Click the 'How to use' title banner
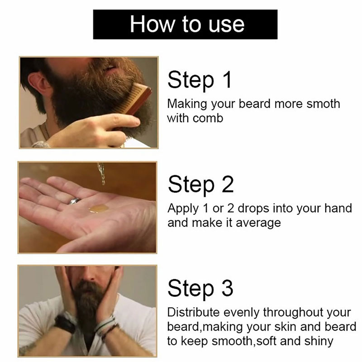185,24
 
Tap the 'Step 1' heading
200,80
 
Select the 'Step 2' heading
200,184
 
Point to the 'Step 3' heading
200,288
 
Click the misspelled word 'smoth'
323,104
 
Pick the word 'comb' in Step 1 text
208,118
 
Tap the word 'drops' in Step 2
253,209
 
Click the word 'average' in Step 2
258,224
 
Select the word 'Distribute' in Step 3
193,312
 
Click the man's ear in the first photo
38,86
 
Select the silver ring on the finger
74,201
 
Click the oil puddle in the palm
99,209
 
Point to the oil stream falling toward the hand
101,174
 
